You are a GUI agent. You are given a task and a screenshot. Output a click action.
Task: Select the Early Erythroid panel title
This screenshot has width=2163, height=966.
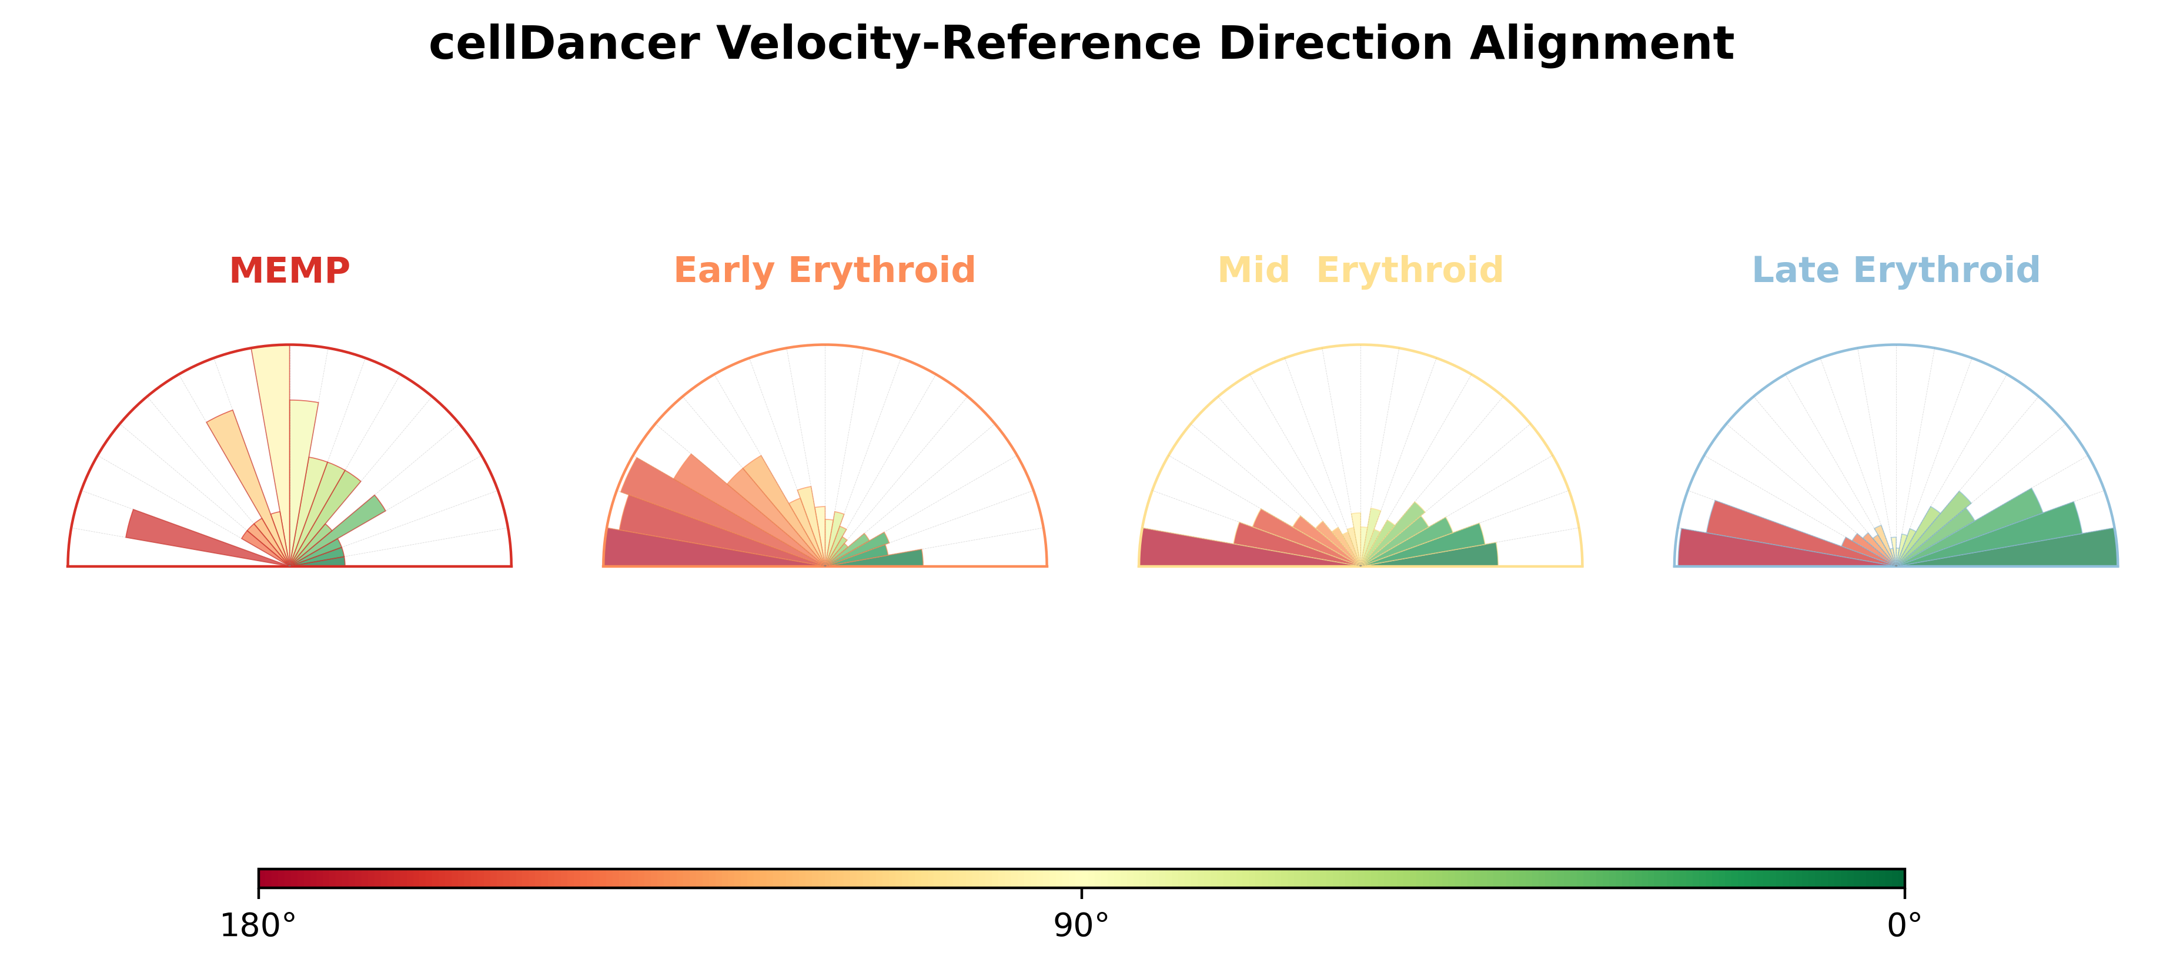click(x=824, y=271)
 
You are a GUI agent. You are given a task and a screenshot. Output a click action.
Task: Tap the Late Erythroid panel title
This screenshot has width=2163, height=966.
click(x=1896, y=271)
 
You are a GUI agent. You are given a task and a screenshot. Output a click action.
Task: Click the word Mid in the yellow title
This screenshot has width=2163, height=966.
click(x=1253, y=270)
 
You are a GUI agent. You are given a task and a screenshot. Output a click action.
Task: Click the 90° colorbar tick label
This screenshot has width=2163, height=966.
click(x=1082, y=925)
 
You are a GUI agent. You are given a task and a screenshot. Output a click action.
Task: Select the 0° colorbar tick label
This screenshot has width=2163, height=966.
click(x=1904, y=925)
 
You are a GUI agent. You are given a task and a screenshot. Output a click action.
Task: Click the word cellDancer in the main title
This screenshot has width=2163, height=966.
click(x=563, y=43)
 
